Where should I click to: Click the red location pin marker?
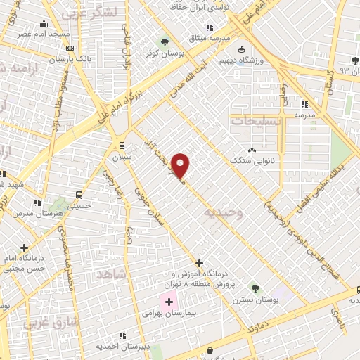coord(181,165)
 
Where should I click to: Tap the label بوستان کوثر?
coord(160,53)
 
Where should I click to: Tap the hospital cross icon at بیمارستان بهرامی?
coord(169,302)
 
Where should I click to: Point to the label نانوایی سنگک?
coord(252,160)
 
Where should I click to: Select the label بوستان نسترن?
coord(255,299)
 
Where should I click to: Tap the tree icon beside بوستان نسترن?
coord(255,288)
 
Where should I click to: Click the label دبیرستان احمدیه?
coord(122,346)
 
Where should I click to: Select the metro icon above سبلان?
coord(122,146)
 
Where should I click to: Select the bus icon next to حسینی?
coord(79,195)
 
